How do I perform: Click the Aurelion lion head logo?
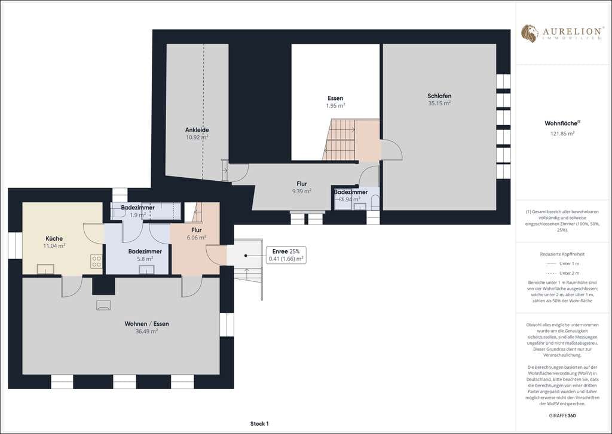tap(530, 34)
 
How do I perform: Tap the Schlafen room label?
tap(439, 96)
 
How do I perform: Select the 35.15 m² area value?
tap(439, 103)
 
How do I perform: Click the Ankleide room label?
tap(197, 130)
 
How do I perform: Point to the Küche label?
tap(54, 238)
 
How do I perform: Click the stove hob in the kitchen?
tap(96, 261)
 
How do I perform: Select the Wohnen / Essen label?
tap(147, 324)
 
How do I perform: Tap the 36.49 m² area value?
tap(147, 331)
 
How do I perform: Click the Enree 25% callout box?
tap(286, 255)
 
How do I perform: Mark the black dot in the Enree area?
tap(246, 256)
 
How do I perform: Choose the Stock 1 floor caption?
tap(259, 423)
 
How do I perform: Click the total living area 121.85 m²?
tap(562, 133)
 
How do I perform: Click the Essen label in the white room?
tap(335, 98)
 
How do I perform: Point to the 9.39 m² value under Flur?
tap(302, 191)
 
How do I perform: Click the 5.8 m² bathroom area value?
tap(145, 259)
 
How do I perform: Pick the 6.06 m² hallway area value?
tap(196, 237)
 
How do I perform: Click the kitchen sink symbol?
tap(45, 269)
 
